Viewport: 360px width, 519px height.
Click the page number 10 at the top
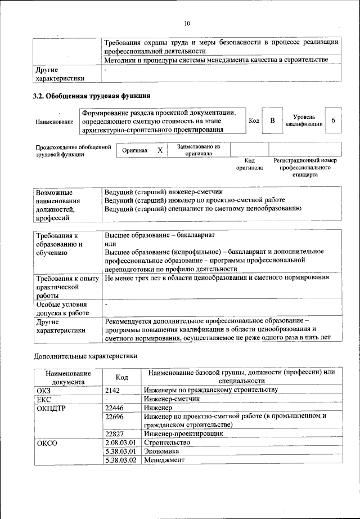click(187, 24)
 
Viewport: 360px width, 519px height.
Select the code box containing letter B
click(272, 121)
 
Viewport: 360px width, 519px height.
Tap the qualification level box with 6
click(334, 121)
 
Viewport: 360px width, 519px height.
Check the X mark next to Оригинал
click(160, 150)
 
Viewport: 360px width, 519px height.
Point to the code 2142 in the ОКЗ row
click(112, 390)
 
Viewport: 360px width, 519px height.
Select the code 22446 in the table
click(114, 408)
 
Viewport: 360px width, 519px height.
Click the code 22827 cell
click(114, 434)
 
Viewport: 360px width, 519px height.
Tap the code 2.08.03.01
click(121, 442)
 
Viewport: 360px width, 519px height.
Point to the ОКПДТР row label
click(52, 408)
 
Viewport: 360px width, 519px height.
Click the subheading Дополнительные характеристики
click(85, 356)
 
